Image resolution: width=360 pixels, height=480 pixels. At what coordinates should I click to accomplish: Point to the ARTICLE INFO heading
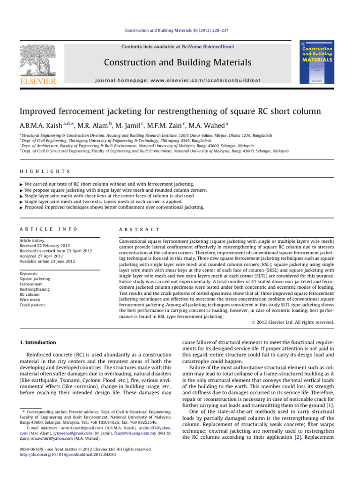point(47,229)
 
